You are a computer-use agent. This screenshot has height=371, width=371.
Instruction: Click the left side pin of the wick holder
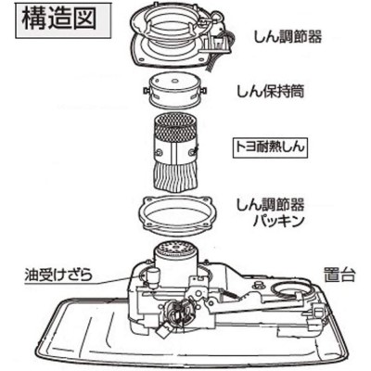tap(149, 94)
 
